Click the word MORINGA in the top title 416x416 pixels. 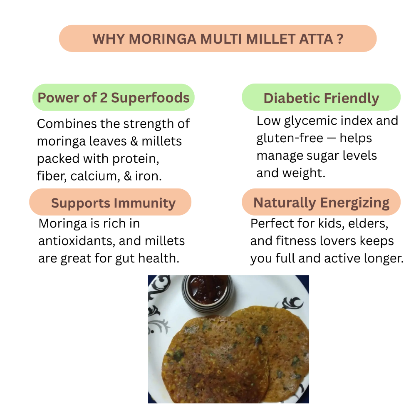pos(162,39)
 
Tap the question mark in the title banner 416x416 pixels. pos(340,39)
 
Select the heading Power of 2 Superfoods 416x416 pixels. pos(114,98)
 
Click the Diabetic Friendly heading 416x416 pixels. pos(321,99)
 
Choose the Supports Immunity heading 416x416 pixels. pos(113,203)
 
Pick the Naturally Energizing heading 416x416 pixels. pos(321,203)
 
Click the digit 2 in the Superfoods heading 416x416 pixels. pos(104,98)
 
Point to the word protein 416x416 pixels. pos(136,159)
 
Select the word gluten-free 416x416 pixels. pos(290,138)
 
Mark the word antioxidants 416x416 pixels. pos(77,241)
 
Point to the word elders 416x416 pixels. pos(368,223)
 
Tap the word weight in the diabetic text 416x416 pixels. pos(304,173)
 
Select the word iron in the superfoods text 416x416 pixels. pos(148,176)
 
